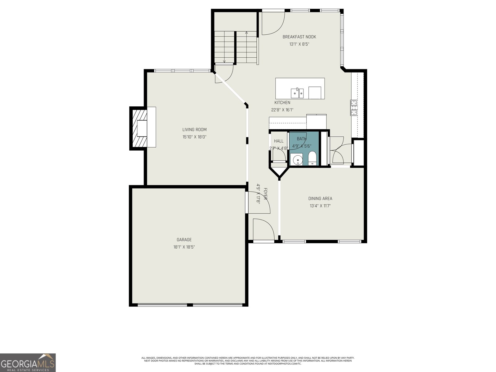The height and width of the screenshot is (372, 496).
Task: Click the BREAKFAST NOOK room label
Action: coord(299,37)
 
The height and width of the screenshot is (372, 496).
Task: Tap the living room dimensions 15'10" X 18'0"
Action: coord(194,137)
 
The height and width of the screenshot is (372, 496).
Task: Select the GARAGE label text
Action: coord(184,240)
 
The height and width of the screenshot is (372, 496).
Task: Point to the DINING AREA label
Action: coord(320,199)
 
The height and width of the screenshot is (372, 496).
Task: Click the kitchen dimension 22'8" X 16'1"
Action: coord(282,110)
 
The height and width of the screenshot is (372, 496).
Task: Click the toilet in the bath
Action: coord(312,158)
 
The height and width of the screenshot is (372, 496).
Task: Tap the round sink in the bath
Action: coord(298,160)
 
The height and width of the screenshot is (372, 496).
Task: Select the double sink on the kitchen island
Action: coord(297,93)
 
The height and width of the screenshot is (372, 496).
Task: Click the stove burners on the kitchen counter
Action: coord(354,108)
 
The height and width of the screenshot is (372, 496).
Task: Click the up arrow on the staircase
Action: coord(246,32)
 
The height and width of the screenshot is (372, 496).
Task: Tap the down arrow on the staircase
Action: coord(224,61)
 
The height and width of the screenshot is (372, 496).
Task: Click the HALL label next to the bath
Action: coord(279,141)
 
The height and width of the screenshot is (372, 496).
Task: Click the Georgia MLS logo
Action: coord(28,362)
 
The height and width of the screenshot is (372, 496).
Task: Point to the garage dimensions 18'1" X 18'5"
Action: coord(184,247)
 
